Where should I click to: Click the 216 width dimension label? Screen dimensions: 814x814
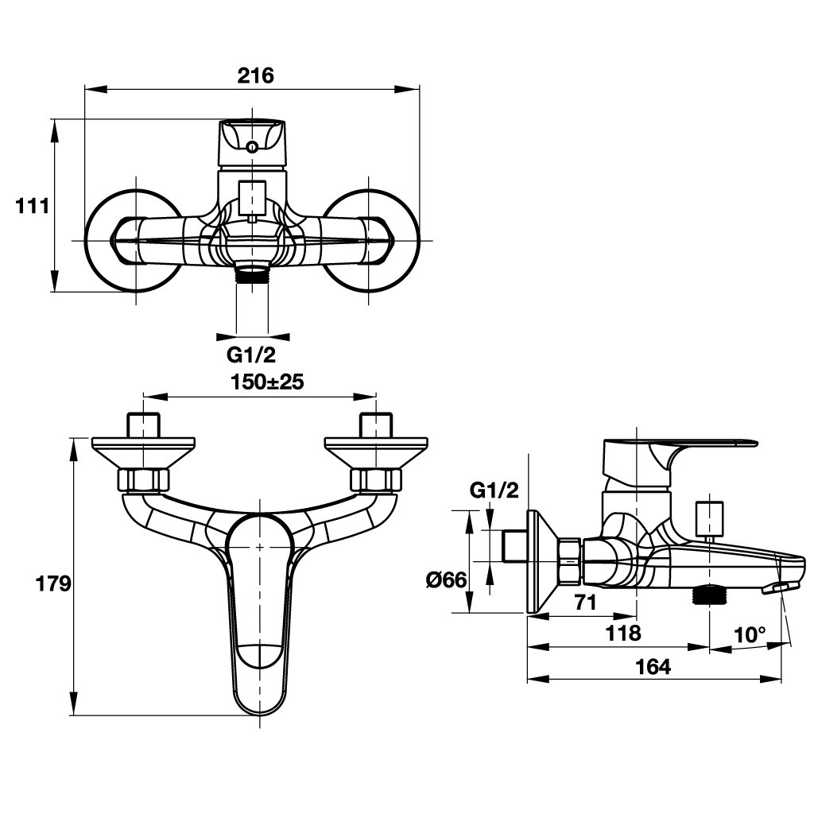click(x=255, y=76)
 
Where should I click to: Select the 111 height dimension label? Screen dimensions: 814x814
click(x=33, y=206)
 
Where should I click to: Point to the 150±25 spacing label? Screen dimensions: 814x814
click(x=267, y=382)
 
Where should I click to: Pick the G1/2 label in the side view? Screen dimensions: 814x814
click(x=494, y=490)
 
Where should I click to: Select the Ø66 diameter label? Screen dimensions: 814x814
click(x=445, y=580)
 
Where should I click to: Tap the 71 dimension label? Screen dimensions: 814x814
click(x=585, y=603)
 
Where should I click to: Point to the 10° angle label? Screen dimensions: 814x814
click(x=750, y=635)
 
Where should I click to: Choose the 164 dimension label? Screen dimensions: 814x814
click(x=653, y=667)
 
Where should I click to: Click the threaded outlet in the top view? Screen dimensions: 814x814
click(x=253, y=276)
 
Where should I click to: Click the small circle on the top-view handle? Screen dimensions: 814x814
click(x=252, y=147)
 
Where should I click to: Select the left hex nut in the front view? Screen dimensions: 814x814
click(x=143, y=480)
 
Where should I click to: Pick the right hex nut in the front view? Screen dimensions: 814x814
click(x=376, y=480)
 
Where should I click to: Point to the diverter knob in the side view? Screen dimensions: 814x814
click(x=708, y=518)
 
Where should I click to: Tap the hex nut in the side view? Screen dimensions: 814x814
click(x=571, y=562)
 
